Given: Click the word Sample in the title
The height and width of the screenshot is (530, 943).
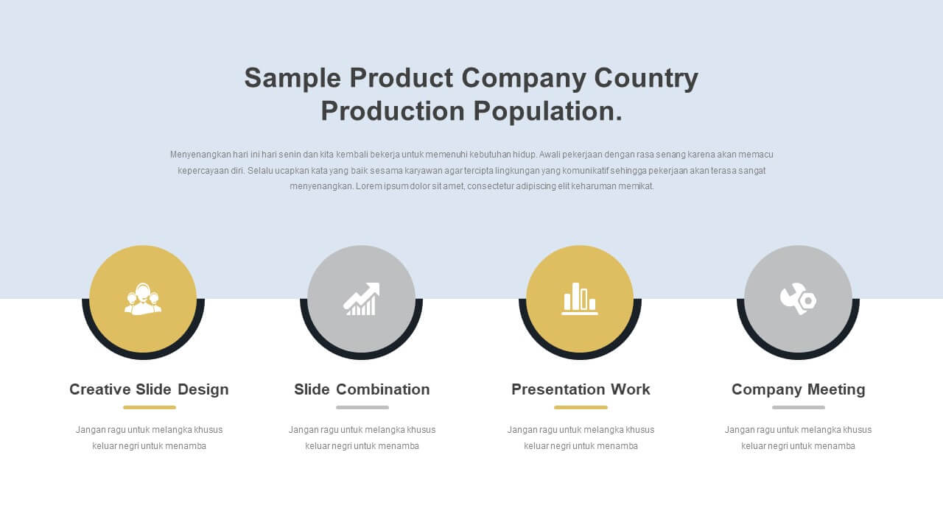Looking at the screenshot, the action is coord(292,79).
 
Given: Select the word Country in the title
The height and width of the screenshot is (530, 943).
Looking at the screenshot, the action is coord(646,79).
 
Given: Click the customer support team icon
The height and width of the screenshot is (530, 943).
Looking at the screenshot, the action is coord(143,299).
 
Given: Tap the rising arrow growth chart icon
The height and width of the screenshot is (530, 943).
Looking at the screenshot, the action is coord(361,299).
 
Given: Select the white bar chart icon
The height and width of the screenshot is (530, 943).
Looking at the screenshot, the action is coord(579,299).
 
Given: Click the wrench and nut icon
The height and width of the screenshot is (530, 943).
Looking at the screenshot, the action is coord(798,299).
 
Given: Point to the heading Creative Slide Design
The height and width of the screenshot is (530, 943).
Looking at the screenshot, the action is coord(149,389).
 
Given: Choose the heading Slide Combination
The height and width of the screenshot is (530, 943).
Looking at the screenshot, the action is coord(362,389).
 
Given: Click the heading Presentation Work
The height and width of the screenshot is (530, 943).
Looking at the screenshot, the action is coord(581,389).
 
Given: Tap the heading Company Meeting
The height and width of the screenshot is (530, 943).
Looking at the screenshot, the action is coord(798,390).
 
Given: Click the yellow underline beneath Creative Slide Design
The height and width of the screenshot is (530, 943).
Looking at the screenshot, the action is coord(150,407).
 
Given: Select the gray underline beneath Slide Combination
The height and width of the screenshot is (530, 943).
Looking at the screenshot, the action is coord(362,407).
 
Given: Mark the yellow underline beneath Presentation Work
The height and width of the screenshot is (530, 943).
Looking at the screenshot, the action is coord(581,407).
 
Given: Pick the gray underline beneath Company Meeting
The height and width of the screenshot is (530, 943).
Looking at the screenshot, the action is coord(798,407).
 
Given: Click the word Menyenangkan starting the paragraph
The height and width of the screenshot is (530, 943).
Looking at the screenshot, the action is coord(200,155).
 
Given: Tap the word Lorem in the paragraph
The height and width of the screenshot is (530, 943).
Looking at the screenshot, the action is coord(368,186).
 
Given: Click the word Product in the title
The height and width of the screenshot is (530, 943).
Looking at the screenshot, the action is coord(402,78).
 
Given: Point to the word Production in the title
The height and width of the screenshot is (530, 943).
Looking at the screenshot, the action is coord(393,111).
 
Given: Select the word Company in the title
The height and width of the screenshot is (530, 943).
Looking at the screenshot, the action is coord(523,79).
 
